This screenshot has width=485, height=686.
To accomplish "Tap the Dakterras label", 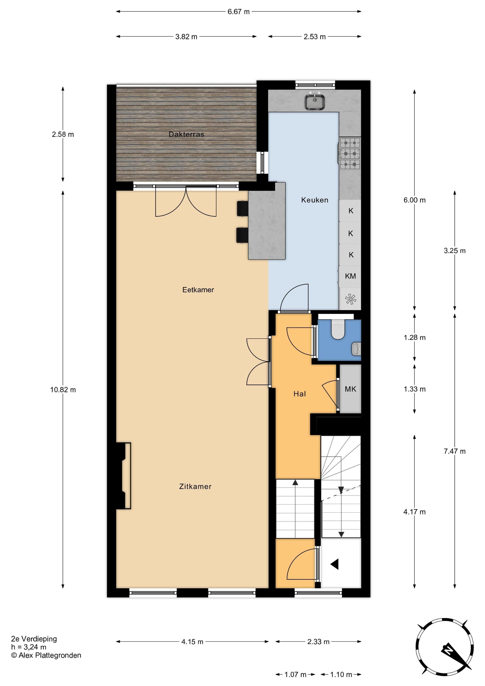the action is [186, 134].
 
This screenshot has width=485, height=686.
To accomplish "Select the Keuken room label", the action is [315, 200].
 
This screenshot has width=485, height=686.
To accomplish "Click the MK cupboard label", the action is [350, 389].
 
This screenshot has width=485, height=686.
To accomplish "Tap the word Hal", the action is [299, 394].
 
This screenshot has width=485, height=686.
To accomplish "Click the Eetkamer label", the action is [198, 289].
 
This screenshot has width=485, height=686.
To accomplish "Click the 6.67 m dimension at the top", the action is [238, 12].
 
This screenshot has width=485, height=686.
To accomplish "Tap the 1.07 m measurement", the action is [295, 674].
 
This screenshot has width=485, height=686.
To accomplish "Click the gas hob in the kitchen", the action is [350, 154].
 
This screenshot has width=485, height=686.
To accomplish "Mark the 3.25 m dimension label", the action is [455, 251].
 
